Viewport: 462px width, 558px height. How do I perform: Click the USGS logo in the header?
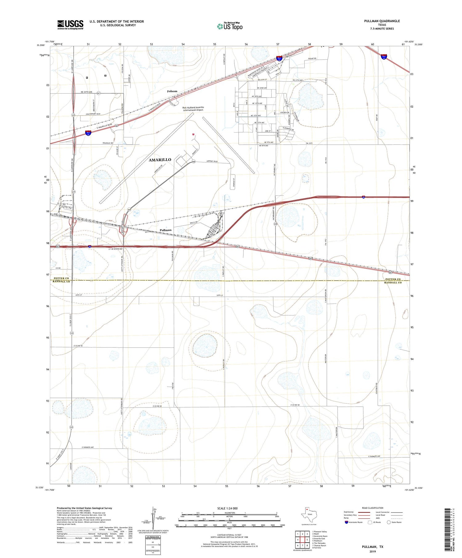[x=70, y=25]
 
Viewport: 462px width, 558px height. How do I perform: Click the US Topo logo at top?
[x=230, y=26]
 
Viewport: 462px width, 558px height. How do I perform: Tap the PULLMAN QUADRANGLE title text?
[x=382, y=21]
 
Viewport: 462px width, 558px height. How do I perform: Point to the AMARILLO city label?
[x=160, y=160]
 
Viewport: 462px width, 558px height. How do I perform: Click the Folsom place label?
[x=172, y=91]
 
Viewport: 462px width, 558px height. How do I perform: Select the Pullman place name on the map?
[x=166, y=230]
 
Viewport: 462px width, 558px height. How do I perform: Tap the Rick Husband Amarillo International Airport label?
[x=193, y=109]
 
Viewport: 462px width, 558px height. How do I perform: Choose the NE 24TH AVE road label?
[x=87, y=92]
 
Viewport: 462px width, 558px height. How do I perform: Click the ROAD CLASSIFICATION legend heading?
[x=372, y=508]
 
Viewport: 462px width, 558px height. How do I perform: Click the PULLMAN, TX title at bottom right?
[x=372, y=547]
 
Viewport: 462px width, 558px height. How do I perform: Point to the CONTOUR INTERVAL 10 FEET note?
[x=229, y=535]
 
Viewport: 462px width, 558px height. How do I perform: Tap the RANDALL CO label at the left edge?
[x=61, y=282]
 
